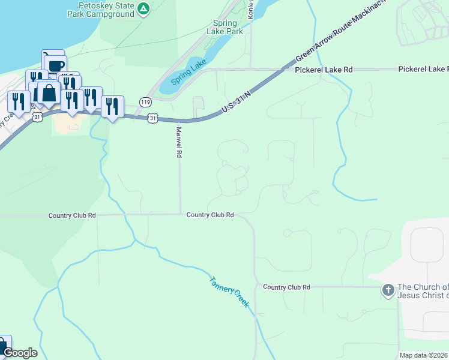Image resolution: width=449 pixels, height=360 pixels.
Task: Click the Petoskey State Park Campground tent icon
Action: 143,8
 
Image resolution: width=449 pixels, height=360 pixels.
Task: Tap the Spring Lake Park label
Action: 225,27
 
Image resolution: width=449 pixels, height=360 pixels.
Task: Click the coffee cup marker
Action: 55,65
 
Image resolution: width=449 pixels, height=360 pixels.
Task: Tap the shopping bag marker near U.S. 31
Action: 48,94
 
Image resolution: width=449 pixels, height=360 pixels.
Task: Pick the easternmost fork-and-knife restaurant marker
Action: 112,106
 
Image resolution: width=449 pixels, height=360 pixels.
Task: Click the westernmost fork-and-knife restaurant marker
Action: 18,101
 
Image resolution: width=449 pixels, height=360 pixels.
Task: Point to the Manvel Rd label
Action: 178,142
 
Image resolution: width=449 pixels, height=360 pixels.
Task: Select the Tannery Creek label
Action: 229,292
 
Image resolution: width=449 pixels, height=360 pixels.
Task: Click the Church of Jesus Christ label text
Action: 423,291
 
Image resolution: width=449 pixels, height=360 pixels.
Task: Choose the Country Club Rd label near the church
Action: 286,287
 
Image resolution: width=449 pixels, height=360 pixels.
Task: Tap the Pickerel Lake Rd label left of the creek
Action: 324,70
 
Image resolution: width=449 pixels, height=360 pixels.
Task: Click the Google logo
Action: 20,353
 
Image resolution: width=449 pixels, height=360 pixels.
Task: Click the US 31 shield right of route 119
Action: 154,119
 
